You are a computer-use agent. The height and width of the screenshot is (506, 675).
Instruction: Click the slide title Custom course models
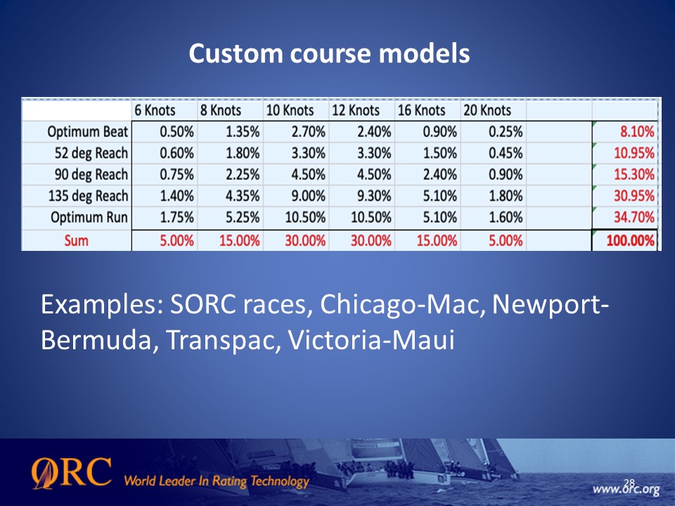[329, 53]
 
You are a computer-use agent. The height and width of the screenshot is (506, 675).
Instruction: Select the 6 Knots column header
[155, 110]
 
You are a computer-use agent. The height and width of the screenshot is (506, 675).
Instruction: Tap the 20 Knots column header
[487, 110]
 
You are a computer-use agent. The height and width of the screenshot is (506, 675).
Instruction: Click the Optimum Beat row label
[88, 131]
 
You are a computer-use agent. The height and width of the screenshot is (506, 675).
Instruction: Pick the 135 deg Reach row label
[89, 196]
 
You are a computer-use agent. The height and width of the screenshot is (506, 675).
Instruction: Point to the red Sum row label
[76, 240]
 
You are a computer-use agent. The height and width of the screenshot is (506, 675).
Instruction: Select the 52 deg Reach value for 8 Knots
[243, 153]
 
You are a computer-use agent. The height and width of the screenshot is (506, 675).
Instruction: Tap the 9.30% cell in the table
[374, 196]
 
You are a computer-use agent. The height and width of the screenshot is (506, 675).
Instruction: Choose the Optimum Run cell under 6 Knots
[176, 217]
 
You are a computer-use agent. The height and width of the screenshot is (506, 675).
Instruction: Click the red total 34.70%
[634, 217]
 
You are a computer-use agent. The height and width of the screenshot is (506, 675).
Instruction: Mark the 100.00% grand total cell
[631, 240]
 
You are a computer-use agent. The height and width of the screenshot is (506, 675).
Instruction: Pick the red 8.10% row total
[637, 131]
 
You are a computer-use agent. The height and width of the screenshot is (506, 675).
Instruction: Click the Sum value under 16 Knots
[437, 240]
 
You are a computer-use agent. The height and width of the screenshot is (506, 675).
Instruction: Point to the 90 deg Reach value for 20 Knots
[506, 175]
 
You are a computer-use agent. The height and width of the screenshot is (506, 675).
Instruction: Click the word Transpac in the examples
[223, 340]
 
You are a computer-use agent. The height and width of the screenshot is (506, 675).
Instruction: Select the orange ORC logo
[72, 473]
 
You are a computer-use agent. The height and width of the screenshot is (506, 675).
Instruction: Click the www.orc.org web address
[626, 490]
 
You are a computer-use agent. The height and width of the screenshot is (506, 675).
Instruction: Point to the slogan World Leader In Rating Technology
[217, 481]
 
